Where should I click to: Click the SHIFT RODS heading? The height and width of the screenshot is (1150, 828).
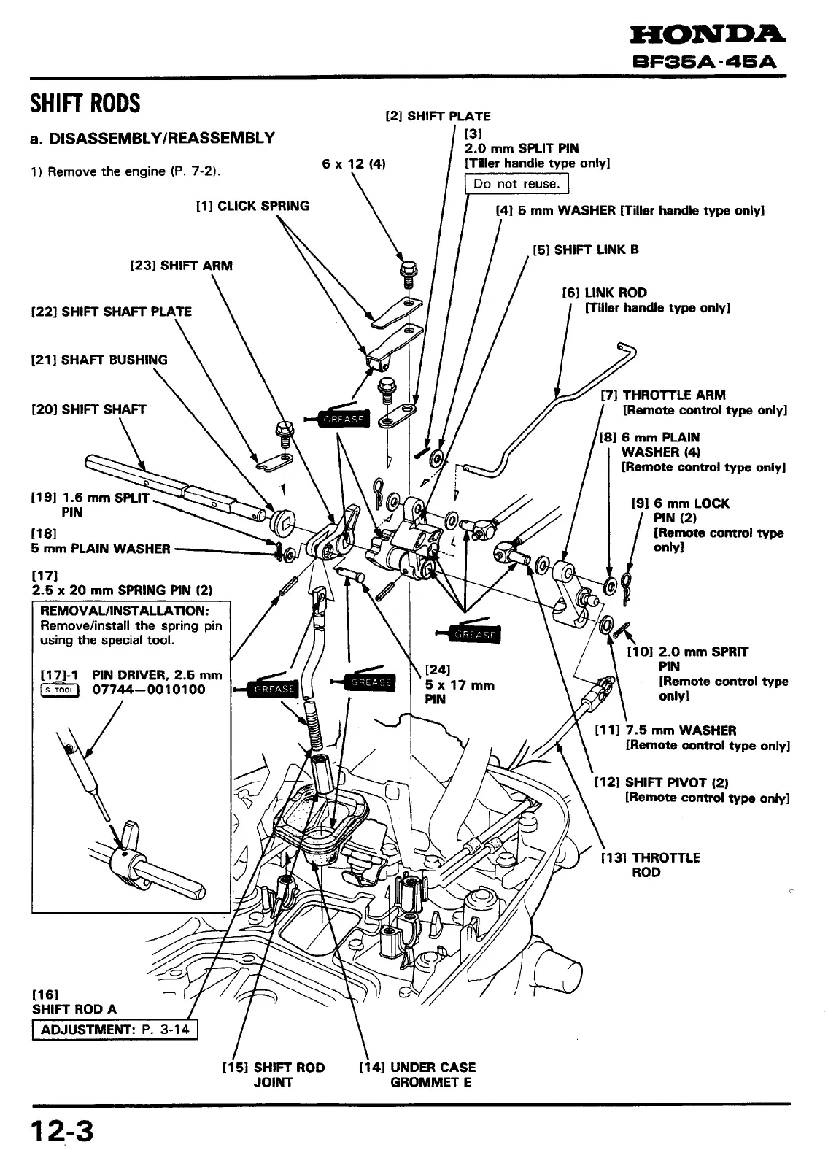85,104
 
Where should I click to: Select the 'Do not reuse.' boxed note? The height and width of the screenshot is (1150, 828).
516,184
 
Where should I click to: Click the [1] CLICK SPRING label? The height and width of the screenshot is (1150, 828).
252,206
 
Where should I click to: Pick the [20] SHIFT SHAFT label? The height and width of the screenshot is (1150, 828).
89,409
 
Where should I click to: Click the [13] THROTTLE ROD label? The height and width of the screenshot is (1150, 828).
650,865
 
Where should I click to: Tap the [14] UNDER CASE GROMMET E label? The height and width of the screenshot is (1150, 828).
417,1074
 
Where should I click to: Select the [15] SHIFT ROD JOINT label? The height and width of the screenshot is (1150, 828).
273,1074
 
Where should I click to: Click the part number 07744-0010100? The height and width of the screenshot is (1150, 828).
149,690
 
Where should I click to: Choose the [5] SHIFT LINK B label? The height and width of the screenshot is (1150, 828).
586,250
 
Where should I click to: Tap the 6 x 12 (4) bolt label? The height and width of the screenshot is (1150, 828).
353,164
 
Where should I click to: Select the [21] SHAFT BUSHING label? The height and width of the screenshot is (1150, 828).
99,360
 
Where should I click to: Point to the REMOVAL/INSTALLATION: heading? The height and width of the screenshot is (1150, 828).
125,610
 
